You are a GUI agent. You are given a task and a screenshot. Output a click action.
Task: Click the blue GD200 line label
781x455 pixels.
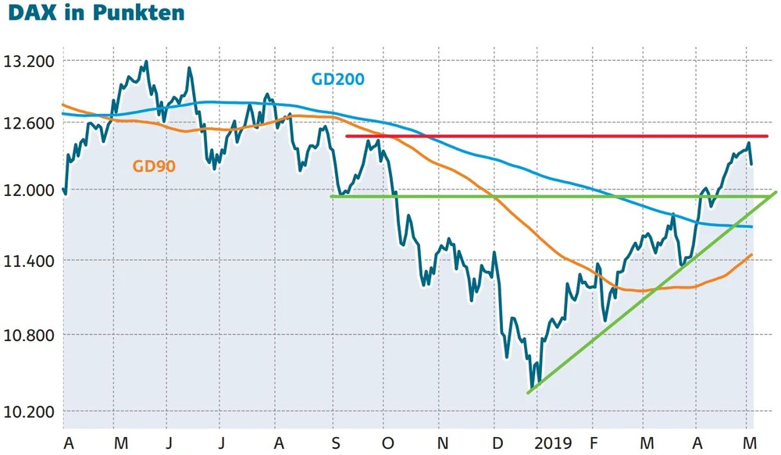click(337, 79)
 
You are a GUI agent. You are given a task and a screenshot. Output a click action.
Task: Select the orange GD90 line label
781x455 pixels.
click(154, 165)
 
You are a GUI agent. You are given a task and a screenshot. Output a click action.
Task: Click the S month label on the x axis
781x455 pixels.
click(335, 443)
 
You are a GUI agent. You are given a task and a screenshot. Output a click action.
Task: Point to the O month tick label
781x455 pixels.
click(388, 443)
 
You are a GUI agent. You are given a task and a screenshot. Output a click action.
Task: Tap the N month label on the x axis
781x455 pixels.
click(441, 443)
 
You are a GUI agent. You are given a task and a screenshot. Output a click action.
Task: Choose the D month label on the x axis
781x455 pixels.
click(495, 443)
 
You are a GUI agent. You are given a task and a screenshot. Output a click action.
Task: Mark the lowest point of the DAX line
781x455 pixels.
click(532, 388)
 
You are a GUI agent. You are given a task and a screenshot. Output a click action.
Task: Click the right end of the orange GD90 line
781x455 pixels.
click(751, 254)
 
